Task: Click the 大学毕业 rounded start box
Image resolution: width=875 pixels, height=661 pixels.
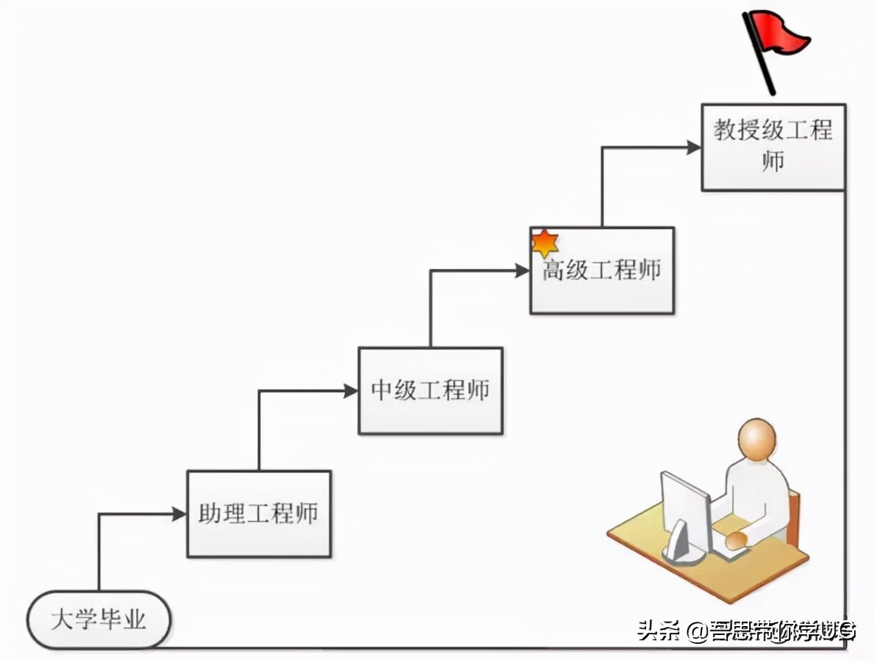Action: point(98,620)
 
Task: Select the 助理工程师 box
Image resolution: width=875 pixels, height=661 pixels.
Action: point(259,514)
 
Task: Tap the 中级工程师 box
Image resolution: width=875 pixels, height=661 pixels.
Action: point(431,391)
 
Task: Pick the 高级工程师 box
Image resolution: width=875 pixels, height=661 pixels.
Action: point(602,271)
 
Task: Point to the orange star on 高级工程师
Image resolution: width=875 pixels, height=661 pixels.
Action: point(545,243)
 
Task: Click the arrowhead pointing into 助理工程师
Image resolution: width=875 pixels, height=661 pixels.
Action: point(180,514)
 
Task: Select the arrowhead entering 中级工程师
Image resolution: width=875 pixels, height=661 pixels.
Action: point(351,391)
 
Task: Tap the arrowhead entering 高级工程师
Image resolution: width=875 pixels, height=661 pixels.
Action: point(522,271)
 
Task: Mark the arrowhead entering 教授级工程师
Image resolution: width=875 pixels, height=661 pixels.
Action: point(694,147)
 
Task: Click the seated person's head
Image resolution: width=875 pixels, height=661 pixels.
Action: point(757,439)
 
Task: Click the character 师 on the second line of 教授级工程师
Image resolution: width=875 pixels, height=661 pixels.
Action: point(773,162)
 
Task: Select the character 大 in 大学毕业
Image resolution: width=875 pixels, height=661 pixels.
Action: point(62,620)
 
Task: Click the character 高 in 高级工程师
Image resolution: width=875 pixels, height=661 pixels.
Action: point(554,270)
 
